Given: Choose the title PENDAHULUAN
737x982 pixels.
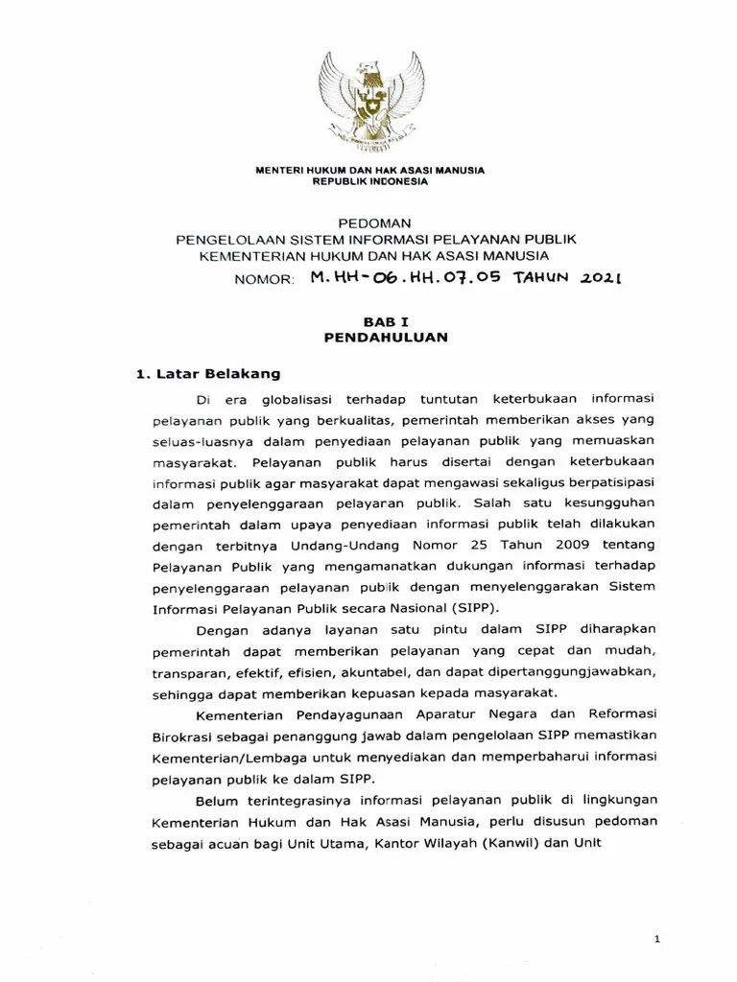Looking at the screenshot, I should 369,339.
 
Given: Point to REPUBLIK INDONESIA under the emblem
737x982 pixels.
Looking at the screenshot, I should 368,181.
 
